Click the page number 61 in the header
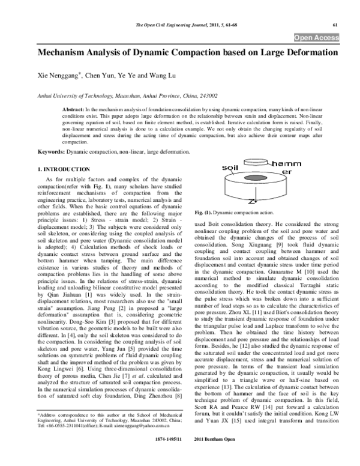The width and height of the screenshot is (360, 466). coord(336,25)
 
